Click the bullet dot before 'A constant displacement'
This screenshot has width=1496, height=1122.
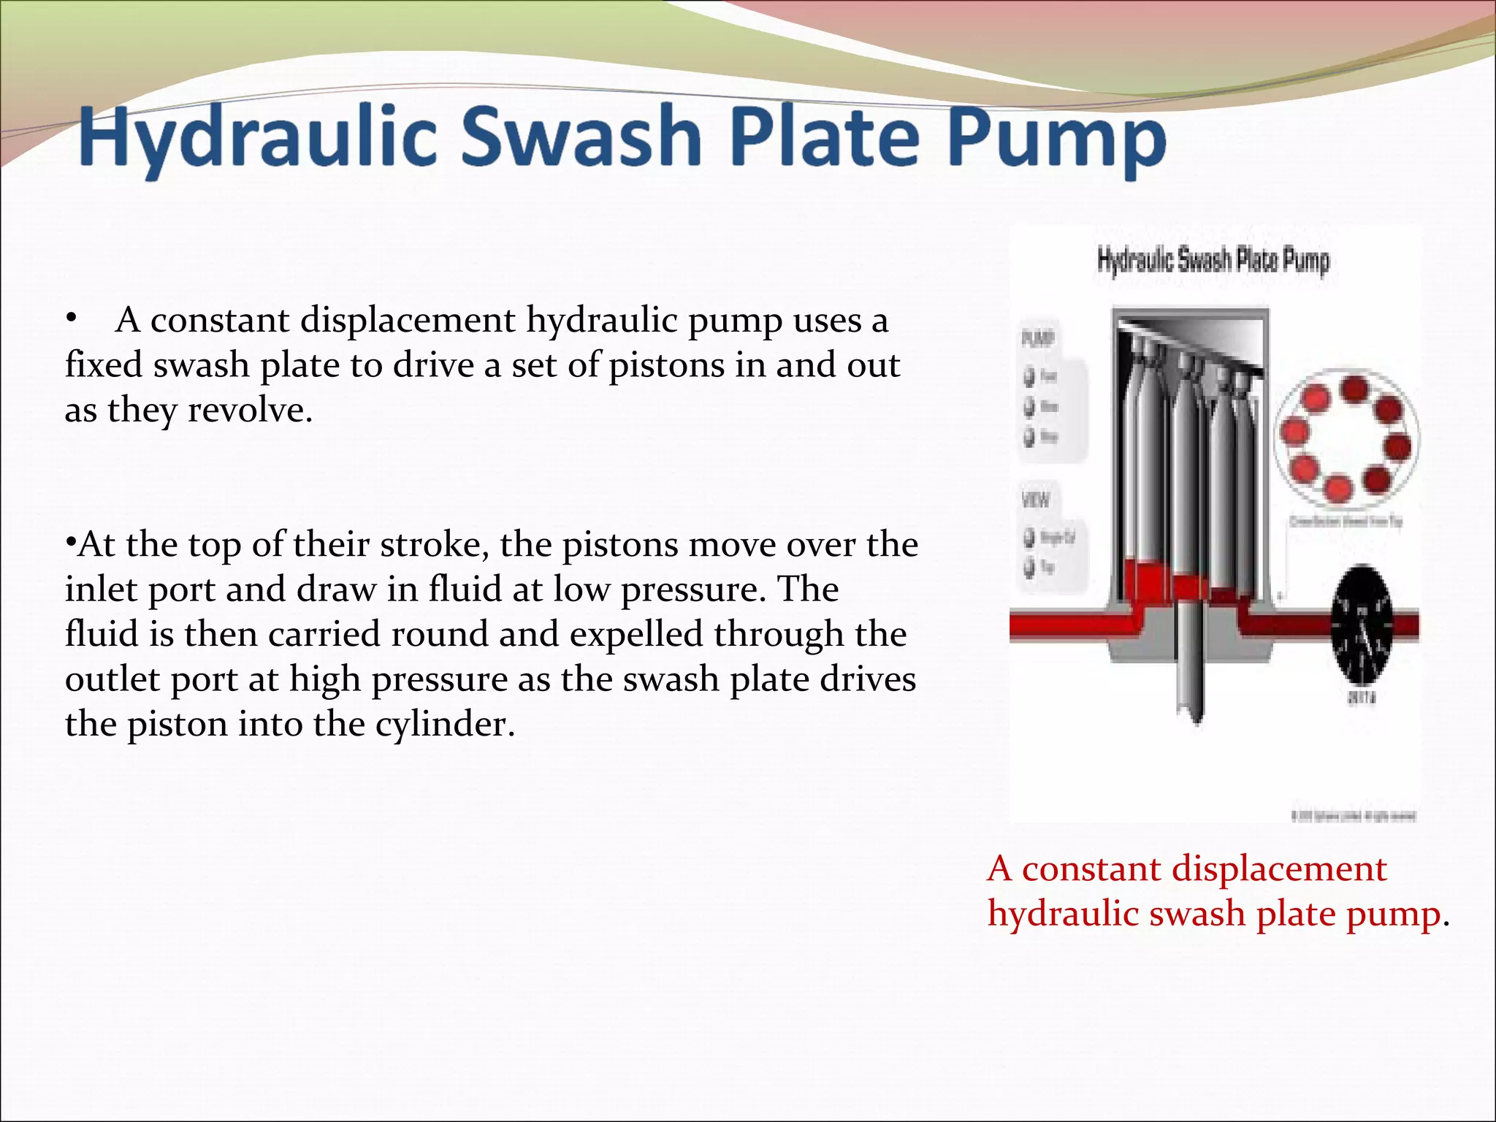(x=70, y=318)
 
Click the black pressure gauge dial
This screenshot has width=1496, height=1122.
(x=1363, y=624)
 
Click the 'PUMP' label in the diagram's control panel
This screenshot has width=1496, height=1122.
(x=1037, y=338)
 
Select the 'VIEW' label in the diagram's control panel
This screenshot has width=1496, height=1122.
(x=1035, y=500)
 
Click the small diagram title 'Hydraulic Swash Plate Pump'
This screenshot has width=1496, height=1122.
(x=1213, y=261)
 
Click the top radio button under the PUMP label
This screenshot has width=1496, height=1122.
(x=1030, y=377)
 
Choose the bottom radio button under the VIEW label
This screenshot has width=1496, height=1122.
(x=1030, y=567)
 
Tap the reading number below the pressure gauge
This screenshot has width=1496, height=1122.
(x=1361, y=698)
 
